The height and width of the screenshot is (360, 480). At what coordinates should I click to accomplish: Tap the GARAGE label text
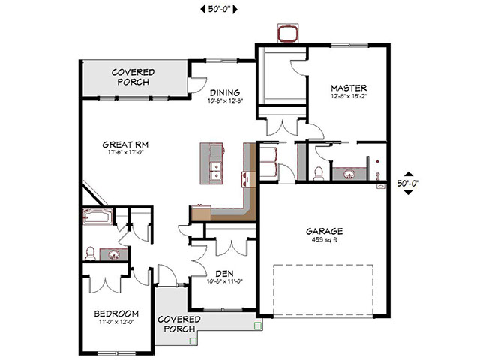[x=325, y=231]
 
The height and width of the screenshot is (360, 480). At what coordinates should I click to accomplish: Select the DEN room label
[x=223, y=273]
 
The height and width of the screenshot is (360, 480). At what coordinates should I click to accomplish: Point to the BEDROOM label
[x=116, y=313]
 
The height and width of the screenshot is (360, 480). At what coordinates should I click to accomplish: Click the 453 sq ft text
[x=325, y=240]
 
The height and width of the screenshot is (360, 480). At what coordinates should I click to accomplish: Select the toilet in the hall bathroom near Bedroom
[x=89, y=253]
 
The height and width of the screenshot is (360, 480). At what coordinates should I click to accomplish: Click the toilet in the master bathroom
[x=318, y=174]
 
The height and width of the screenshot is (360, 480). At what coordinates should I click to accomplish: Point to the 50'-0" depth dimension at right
[x=407, y=182]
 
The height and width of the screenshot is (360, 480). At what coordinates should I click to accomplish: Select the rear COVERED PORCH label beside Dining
[x=133, y=77]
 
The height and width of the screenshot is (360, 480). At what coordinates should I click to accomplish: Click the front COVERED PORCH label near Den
[x=178, y=324]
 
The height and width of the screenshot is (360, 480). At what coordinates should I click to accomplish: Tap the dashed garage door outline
[x=325, y=289]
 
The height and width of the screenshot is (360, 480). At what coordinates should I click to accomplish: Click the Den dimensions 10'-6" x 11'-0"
[x=223, y=282]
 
